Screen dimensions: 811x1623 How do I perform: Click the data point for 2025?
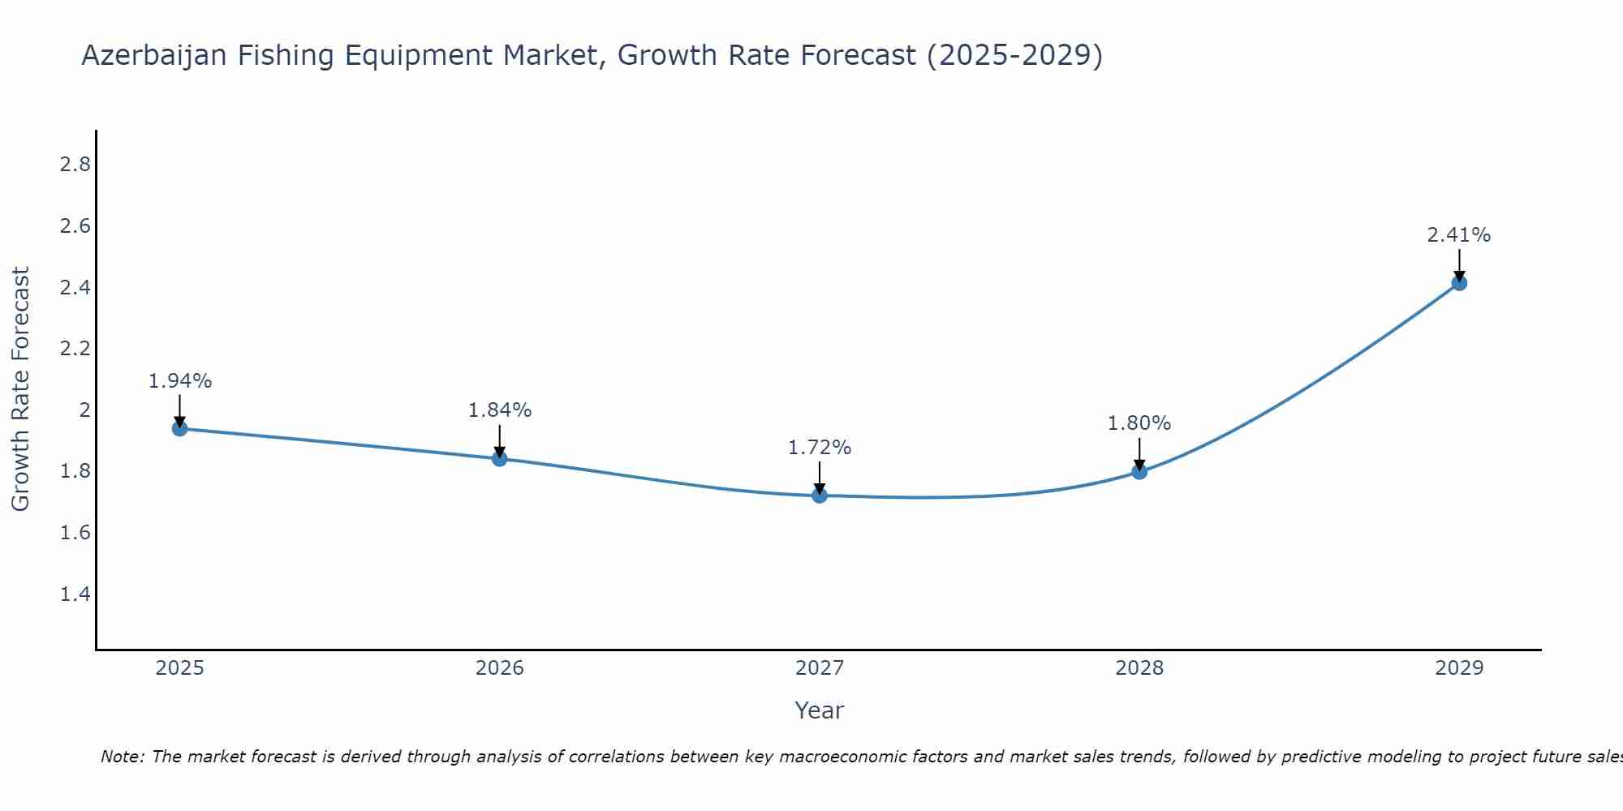pyautogui.click(x=180, y=428)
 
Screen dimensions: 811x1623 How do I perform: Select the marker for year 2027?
pyautogui.click(x=820, y=496)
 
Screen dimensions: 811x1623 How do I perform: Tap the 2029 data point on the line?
pyautogui.click(x=1459, y=283)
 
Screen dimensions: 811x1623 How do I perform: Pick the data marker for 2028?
pyautogui.click(x=1139, y=471)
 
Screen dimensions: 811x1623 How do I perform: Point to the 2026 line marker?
pyautogui.click(x=500, y=459)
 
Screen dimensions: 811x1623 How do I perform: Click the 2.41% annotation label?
pyautogui.click(x=1459, y=235)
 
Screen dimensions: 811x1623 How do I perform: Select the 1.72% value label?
pyautogui.click(x=820, y=448)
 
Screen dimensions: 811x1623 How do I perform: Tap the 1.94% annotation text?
pyautogui.click(x=180, y=381)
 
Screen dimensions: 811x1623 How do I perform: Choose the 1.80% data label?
pyautogui.click(x=1139, y=423)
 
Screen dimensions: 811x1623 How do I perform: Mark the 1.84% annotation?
pyautogui.click(x=500, y=410)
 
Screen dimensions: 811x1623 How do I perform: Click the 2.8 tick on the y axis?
pyautogui.click(x=75, y=165)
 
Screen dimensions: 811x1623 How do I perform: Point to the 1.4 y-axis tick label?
pyautogui.click(x=75, y=594)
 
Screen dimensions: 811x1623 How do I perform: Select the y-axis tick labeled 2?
pyautogui.click(x=84, y=410)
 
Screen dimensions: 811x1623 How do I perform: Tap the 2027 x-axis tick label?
pyautogui.click(x=820, y=668)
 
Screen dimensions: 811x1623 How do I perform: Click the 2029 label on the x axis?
pyautogui.click(x=1459, y=668)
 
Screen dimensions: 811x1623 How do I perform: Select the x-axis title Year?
pyautogui.click(x=820, y=710)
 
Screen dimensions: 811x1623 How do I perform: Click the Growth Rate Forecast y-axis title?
pyautogui.click(x=20, y=389)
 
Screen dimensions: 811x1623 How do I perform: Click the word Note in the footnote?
pyautogui.click(x=123, y=757)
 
